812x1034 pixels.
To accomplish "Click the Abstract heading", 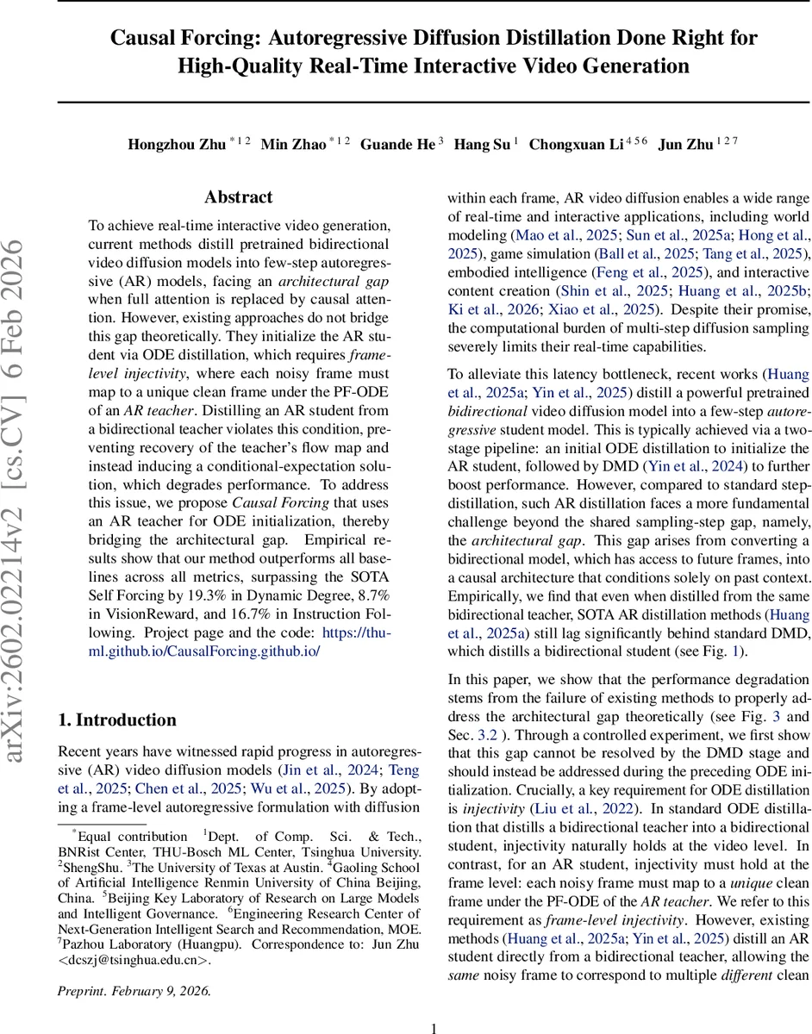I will [x=238, y=197].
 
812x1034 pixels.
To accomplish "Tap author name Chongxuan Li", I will [x=576, y=144].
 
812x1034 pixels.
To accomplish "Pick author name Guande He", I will [x=397, y=144].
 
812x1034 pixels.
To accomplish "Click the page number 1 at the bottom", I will [x=434, y=1027].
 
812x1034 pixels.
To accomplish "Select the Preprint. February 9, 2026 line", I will [x=134, y=991].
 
